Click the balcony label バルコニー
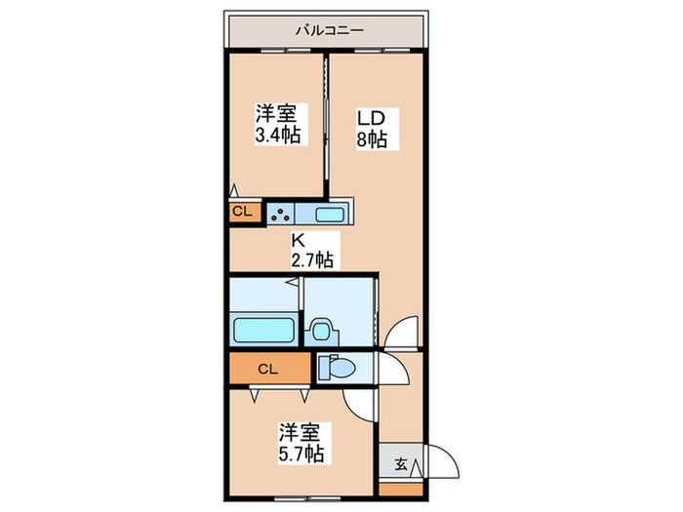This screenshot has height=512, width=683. pos(329,30)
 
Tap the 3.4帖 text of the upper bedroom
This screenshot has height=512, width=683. pos(276,136)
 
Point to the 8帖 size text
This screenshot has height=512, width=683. pos(371,138)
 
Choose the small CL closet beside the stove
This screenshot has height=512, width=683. pos(243,212)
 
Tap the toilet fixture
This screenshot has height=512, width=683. pos(335,368)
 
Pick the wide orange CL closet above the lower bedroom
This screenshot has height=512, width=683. pos(270,369)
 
